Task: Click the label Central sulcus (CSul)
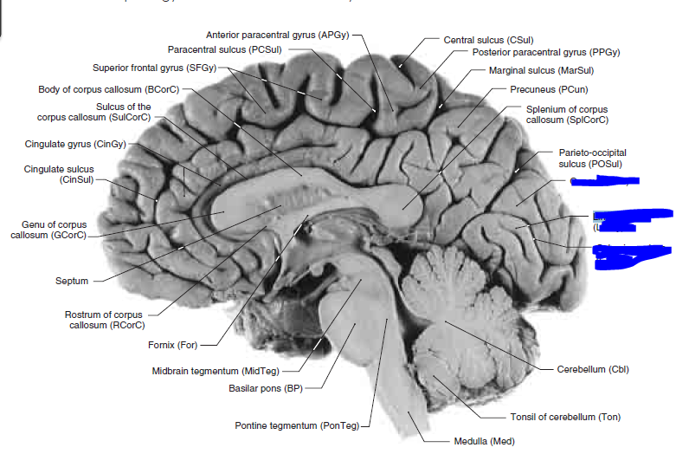click(x=487, y=40)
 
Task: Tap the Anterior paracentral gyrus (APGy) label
click(x=278, y=36)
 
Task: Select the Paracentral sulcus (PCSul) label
click(x=224, y=50)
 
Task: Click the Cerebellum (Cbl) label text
click(x=593, y=369)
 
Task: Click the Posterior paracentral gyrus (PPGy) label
click(x=546, y=52)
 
